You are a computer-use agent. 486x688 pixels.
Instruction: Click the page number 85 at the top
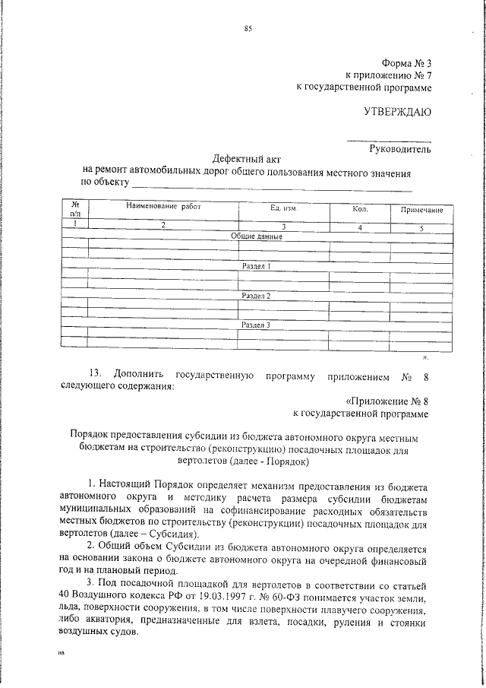tap(248, 29)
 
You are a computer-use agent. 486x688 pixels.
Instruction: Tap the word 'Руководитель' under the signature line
tap(400, 149)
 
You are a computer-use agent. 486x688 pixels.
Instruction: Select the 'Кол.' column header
tap(360, 208)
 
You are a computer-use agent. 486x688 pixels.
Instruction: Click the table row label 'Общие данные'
tap(257, 236)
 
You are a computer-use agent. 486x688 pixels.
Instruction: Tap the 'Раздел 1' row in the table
tap(256, 266)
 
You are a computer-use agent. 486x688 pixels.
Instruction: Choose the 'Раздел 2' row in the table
tap(256, 295)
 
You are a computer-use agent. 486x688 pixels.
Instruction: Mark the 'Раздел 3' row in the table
tap(256, 325)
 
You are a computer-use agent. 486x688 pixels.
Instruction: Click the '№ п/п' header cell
tap(75, 209)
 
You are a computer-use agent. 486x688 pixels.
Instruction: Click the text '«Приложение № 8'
tap(388, 400)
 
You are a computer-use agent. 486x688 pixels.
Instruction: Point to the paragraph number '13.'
tap(95, 375)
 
